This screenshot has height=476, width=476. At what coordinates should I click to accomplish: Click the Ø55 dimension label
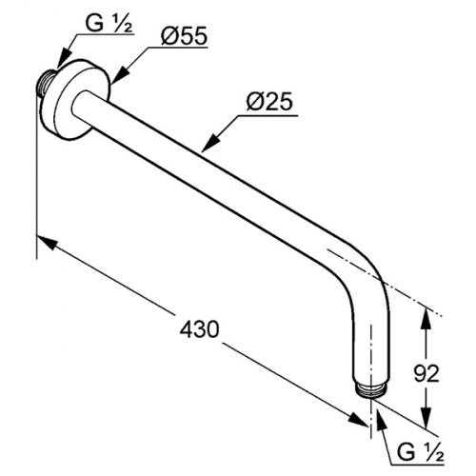(184, 35)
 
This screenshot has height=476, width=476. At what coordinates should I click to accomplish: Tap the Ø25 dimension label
(269, 102)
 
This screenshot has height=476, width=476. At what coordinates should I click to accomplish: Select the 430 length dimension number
(199, 328)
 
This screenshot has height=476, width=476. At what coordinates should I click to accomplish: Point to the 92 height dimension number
(426, 373)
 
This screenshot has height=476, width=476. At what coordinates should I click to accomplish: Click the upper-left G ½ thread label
(109, 23)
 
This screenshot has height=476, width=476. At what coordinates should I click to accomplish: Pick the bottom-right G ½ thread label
(421, 452)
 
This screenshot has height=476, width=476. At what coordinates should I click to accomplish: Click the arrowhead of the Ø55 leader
(120, 75)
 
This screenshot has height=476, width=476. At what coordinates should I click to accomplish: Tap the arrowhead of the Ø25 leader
(210, 143)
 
